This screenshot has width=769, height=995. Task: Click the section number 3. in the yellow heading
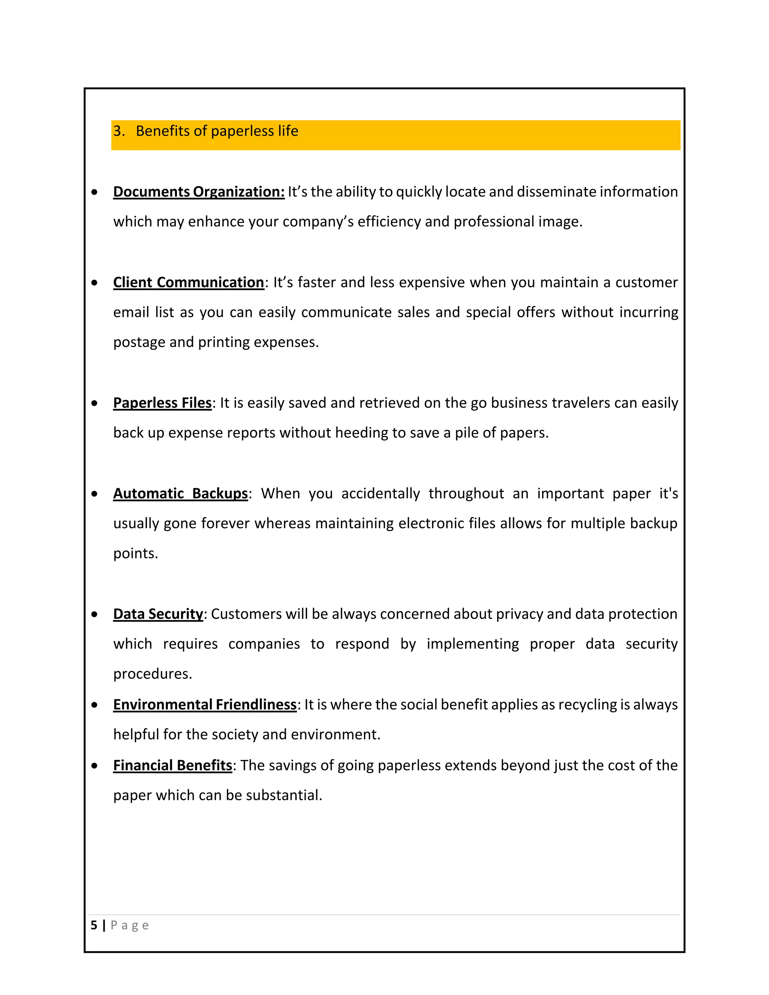click(119, 131)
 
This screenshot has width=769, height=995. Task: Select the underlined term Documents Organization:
click(199, 192)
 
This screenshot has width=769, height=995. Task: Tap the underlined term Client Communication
click(188, 282)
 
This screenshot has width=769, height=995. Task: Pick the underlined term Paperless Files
click(162, 403)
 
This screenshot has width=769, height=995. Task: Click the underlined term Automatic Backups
click(180, 494)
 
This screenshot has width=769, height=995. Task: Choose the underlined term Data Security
click(158, 614)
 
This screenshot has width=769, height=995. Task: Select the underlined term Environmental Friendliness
click(205, 705)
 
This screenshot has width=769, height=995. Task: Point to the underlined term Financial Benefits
click(173, 765)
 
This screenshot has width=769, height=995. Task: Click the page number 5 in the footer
click(94, 925)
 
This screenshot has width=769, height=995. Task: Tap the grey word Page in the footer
click(130, 925)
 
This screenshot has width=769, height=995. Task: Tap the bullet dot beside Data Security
click(94, 615)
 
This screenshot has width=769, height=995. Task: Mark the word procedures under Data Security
click(152, 674)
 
